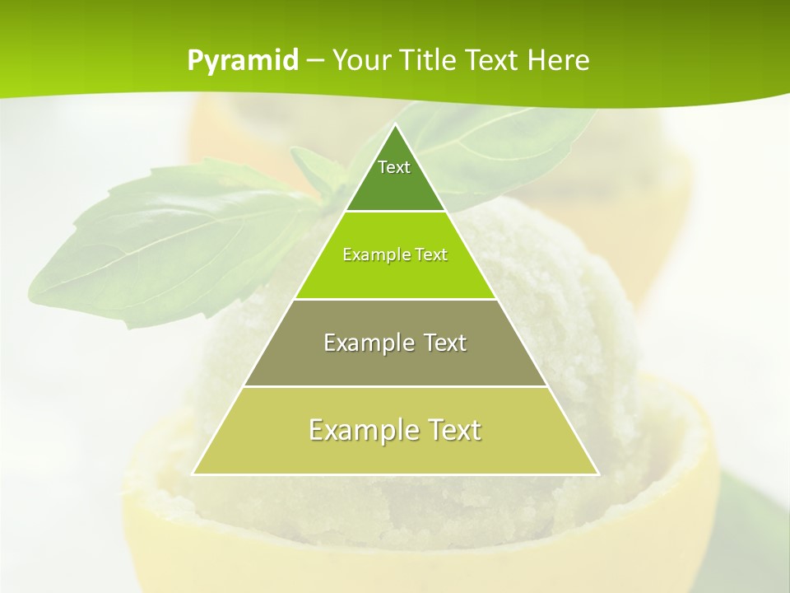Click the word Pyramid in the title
[242, 61]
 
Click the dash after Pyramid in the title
[314, 61]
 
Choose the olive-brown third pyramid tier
[395, 362]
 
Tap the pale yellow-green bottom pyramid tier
[395, 453]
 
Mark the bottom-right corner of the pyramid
[597, 474]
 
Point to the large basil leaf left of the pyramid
[165, 247]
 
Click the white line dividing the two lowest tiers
[395, 386]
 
